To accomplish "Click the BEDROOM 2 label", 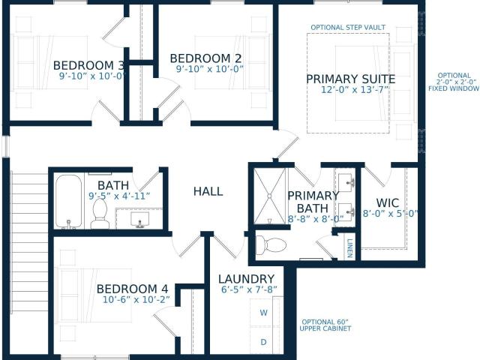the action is click(205, 58).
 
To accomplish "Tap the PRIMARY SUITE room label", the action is click(351, 79).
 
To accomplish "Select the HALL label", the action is click(208, 192).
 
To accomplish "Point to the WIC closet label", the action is click(388, 203).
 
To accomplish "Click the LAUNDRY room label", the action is click(247, 279).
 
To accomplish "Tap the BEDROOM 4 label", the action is click(132, 289).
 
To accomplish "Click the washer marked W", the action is click(263, 313).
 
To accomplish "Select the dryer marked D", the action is click(263, 342).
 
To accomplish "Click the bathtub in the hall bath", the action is click(68, 202).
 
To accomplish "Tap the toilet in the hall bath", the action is click(100, 214).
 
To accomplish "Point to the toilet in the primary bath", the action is click(271, 246).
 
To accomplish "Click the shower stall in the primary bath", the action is click(270, 196).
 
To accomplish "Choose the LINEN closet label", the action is click(350, 248).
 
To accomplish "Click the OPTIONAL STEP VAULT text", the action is click(348, 27).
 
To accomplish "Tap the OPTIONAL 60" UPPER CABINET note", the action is click(325, 325).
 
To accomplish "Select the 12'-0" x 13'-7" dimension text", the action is click(355, 90).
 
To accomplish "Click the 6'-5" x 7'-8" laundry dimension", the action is click(249, 289).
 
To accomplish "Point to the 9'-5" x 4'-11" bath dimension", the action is click(119, 196).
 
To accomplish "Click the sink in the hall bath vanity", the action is click(140, 220).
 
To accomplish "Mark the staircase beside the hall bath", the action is click(29, 241).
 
